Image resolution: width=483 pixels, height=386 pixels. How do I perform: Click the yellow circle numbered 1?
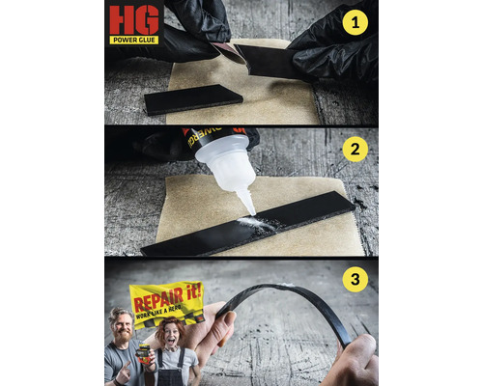pos(355,22)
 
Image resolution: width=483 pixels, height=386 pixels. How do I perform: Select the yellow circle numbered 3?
pos(355,281)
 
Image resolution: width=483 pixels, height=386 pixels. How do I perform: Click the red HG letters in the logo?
pos(133,20)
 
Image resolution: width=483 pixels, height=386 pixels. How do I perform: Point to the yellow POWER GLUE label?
pos(134,40)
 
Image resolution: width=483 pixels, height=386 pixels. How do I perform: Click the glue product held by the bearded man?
pos(141,353)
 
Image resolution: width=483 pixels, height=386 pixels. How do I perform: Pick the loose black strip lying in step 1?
pos(193,98)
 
